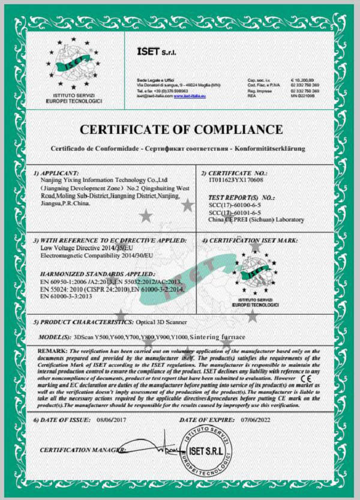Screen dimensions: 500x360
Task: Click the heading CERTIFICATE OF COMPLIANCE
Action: [x=181, y=130]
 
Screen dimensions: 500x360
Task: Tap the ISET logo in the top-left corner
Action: [x=74, y=65]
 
